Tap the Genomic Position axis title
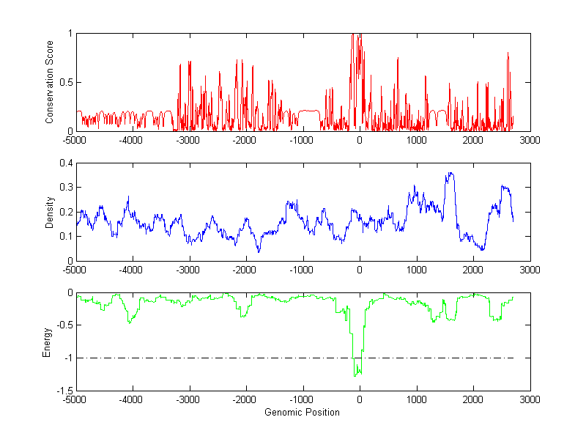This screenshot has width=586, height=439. point(303,413)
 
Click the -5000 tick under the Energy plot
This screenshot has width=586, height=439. point(76,399)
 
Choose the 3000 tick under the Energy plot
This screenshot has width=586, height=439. point(530,399)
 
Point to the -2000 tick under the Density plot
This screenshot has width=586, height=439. point(246,270)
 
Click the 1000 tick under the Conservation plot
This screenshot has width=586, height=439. point(416,140)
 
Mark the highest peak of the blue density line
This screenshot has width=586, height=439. point(449,173)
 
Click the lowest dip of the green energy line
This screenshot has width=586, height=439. point(355,376)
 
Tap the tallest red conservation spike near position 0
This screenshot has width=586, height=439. point(354,34)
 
